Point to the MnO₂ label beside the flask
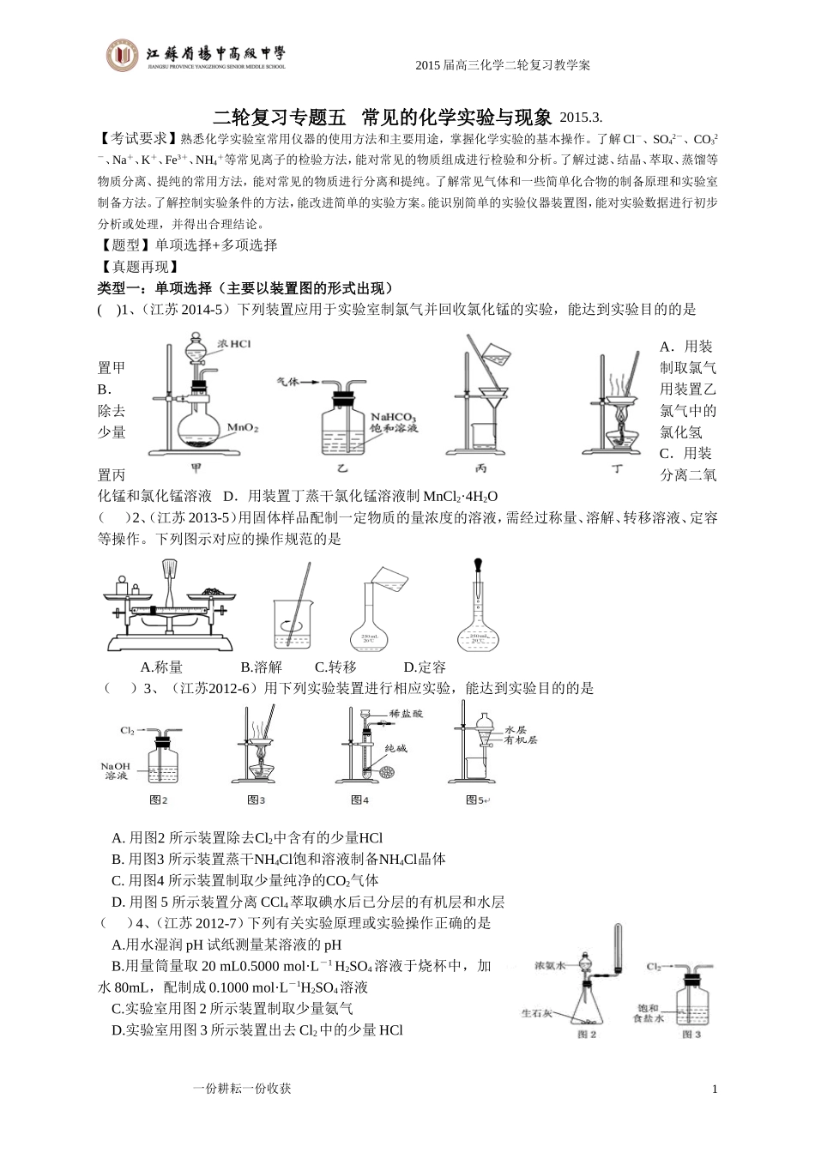[243, 426]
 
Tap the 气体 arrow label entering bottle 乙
[287, 381]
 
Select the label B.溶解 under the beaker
[261, 667]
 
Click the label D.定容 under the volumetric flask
[425, 667]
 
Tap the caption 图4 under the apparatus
[359, 800]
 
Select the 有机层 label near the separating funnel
[520, 739]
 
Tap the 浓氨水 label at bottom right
[550, 964]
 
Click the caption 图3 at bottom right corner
[691, 1034]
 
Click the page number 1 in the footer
[715, 1089]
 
